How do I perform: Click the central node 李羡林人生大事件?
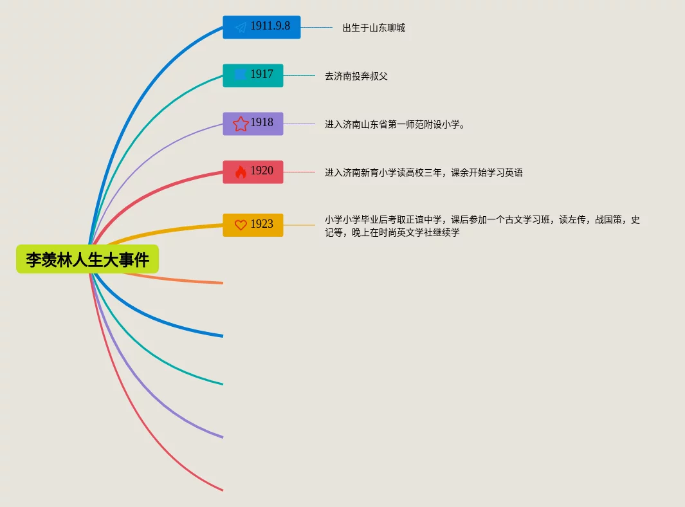[x=87, y=259]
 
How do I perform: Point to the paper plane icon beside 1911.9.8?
[x=241, y=27]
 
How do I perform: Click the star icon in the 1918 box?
[x=241, y=124]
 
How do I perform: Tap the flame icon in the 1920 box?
[x=241, y=172]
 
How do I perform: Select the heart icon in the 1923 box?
[x=241, y=225]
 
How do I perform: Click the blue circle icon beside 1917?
[x=240, y=75]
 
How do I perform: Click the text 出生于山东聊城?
[x=374, y=28]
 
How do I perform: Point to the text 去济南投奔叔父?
[x=356, y=76]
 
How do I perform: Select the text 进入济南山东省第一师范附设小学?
[x=394, y=124]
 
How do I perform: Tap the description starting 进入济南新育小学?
[x=423, y=172]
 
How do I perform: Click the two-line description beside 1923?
[x=482, y=226]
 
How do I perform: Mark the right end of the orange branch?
[x=221, y=282]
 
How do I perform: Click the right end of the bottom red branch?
[x=221, y=490]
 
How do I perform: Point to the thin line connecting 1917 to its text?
[x=299, y=75]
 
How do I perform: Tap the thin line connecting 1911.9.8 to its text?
[x=316, y=27]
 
